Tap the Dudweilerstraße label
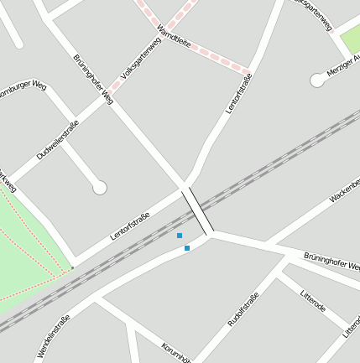click(58, 141)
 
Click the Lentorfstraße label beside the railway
click(130, 227)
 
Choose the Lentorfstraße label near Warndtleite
click(239, 94)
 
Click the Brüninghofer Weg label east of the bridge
click(331, 261)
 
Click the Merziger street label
click(343, 66)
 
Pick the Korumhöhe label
click(177, 353)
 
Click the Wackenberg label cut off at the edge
click(345, 189)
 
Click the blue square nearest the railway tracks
click(180, 236)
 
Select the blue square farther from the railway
click(187, 248)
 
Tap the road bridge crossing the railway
click(197, 210)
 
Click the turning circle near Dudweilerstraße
click(100, 188)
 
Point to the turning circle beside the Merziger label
click(317, 80)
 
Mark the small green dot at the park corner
click(72, 268)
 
